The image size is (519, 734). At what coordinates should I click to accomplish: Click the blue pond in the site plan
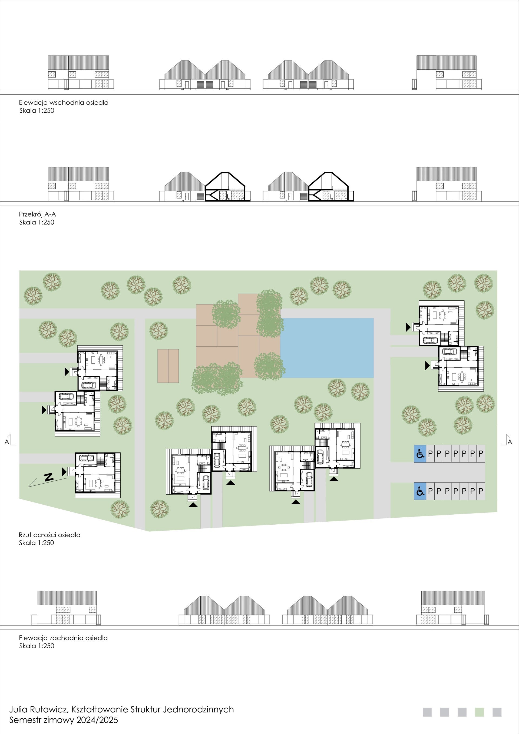[x=327, y=348]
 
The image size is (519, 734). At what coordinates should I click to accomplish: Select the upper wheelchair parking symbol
[x=420, y=453]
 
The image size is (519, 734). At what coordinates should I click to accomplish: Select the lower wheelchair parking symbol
[x=420, y=491]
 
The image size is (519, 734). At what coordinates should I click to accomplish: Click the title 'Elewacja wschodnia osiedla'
[x=64, y=103]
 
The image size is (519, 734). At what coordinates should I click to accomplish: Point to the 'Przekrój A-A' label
[x=37, y=214]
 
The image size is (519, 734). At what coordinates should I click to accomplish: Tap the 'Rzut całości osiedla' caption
[x=49, y=535]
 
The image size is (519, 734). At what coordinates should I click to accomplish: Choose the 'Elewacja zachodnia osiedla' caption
[x=63, y=638]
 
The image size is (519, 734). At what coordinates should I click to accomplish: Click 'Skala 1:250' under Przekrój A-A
[x=37, y=222]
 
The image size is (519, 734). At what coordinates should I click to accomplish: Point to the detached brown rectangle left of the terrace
[x=168, y=366]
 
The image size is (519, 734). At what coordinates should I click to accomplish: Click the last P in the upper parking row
[x=481, y=453]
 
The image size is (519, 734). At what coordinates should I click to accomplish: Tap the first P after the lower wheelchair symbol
[x=430, y=491]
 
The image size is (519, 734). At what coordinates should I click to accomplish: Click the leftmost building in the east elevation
[x=81, y=73]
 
